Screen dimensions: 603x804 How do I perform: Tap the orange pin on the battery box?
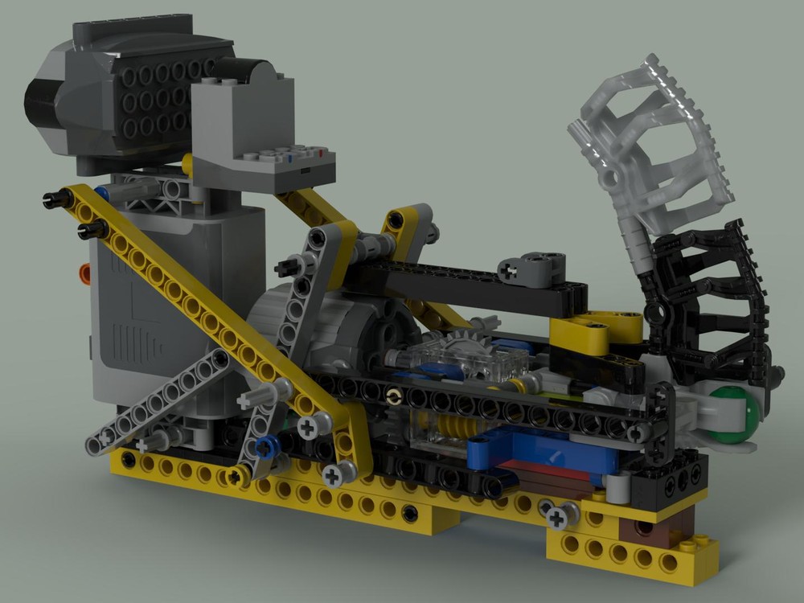pos(84,274)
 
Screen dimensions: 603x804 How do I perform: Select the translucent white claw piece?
pos(651,141)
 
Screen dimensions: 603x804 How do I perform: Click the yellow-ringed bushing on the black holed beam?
pos(392,399)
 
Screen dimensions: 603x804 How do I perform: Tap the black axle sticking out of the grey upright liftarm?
pos(285,267)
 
